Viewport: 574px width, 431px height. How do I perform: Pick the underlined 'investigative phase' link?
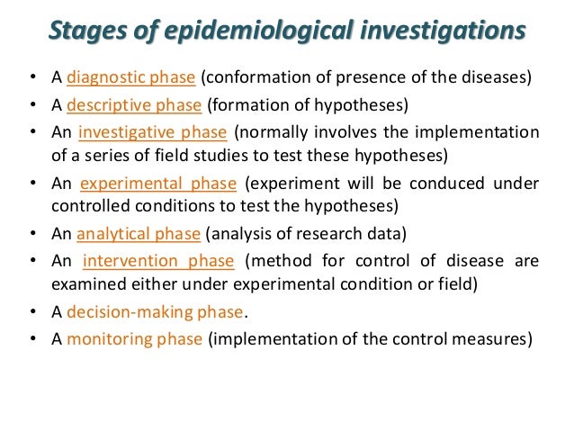152,133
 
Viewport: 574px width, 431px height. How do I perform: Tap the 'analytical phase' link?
138,235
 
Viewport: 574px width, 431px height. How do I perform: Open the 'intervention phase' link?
158,262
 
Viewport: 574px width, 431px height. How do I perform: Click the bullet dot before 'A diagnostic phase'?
31,76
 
